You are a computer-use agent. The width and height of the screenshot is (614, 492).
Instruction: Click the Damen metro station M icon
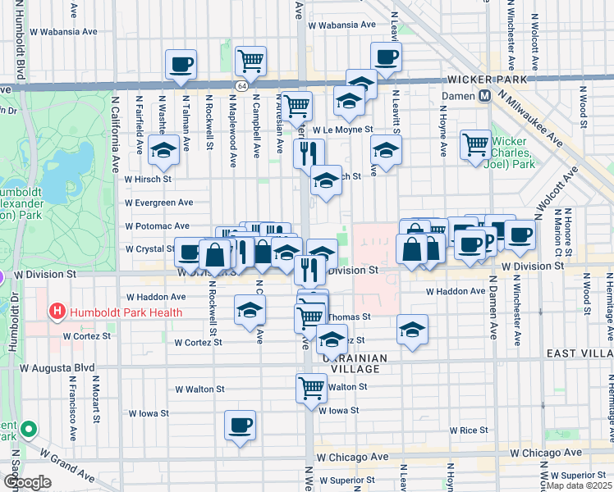coord(485,96)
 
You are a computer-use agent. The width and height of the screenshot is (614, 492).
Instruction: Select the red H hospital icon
coord(57,312)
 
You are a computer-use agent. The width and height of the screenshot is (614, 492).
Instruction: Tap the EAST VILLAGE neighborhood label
coord(580,353)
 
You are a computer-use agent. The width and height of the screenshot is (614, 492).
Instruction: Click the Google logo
coord(26,482)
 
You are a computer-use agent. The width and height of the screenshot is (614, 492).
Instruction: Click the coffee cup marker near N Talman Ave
coord(181,63)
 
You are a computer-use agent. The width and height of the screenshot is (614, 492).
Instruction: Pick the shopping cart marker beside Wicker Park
coord(474,143)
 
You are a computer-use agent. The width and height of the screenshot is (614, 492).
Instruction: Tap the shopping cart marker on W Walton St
coord(311,386)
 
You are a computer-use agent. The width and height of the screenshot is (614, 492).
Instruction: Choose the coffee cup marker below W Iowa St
coord(240,425)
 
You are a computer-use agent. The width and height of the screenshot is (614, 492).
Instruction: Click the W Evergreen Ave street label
coord(159,203)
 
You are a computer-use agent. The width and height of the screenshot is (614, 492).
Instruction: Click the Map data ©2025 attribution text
coord(583,486)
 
